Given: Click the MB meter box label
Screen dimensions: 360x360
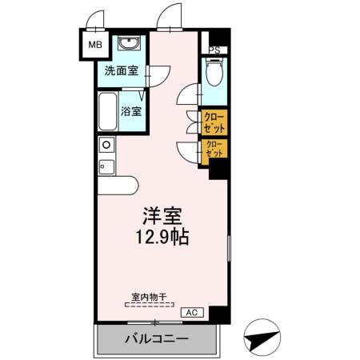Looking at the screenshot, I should click(94, 46).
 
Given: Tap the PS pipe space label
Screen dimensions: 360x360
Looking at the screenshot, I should click(214, 50).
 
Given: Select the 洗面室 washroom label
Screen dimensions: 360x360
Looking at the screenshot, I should click(120, 70).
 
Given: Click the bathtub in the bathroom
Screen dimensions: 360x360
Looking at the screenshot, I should click(106, 113).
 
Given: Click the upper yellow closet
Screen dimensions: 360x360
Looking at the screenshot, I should click(214, 122).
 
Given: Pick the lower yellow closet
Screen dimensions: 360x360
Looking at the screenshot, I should click(214, 149).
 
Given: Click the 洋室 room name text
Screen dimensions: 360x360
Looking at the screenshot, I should click(164, 217).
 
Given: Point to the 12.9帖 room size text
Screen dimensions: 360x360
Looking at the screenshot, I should click(164, 238).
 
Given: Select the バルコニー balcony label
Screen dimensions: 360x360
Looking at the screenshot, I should click(156, 339).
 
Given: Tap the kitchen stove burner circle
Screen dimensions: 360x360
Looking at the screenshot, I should click(105, 145).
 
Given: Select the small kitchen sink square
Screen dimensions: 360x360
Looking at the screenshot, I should click(105, 166).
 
